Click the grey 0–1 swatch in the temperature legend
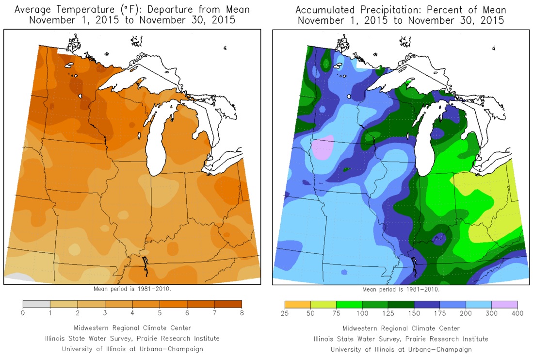coord(36,304)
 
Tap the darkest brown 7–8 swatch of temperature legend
coord(228,304)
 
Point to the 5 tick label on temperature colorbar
coord(160,313)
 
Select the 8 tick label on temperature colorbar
coord(242,313)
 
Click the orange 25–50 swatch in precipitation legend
coord(298,304)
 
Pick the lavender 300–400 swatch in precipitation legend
coord(504,304)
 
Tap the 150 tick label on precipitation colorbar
coord(414,313)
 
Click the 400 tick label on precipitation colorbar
coord(517,313)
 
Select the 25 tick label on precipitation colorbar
coord(285,313)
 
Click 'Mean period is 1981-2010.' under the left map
coord(132,289)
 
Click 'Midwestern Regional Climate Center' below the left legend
coord(132,328)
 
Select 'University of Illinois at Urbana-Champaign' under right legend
coord(401,349)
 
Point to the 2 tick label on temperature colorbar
coord(78,313)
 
